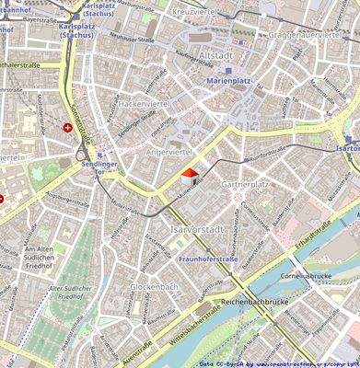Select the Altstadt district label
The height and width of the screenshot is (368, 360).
click(x=215, y=55)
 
